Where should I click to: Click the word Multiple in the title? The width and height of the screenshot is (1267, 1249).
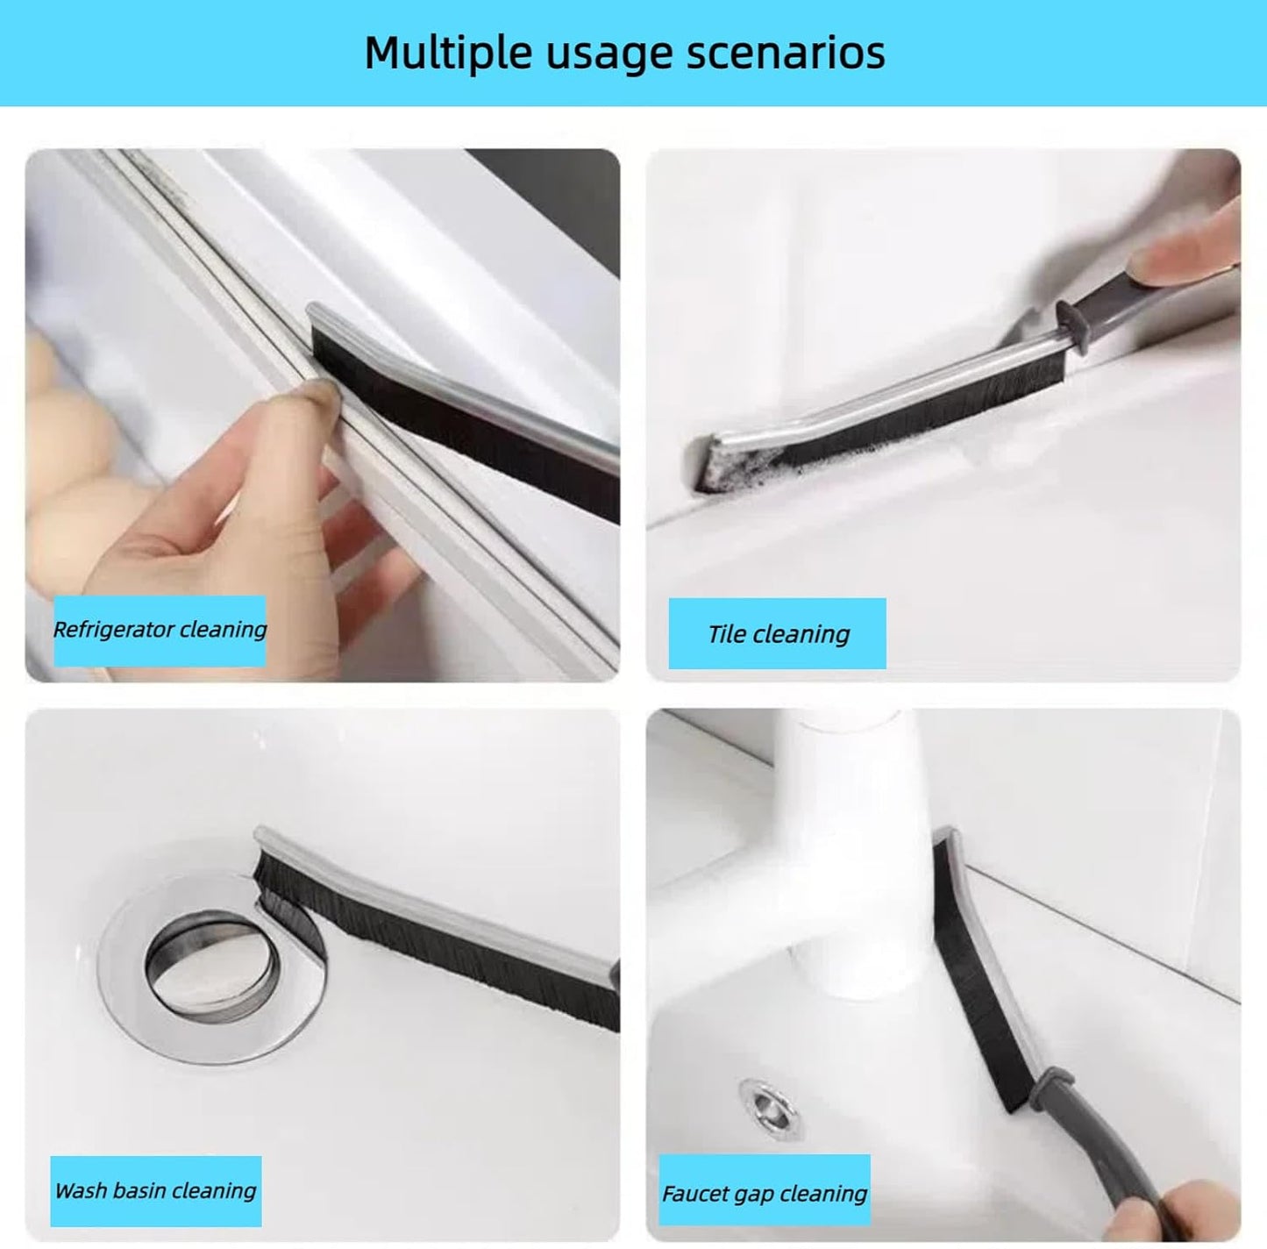[x=448, y=53]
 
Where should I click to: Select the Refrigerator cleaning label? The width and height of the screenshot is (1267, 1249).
[x=160, y=630]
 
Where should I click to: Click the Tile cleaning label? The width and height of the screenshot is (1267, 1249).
[x=778, y=634]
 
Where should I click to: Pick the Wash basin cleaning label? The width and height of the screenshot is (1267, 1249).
[x=155, y=1191]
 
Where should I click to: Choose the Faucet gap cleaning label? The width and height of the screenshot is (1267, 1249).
[x=764, y=1194]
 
